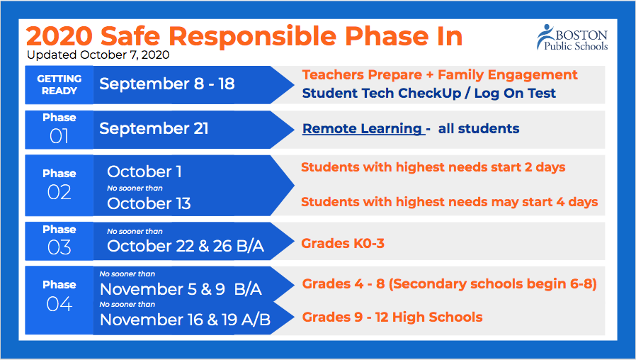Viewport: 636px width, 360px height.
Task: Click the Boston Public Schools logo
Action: pos(572,38)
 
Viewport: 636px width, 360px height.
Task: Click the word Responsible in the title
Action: pos(252,37)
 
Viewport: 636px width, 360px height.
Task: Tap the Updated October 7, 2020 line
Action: pos(98,55)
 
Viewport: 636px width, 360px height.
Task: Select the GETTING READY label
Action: pos(59,84)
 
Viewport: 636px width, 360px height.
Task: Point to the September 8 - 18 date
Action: pos(167,84)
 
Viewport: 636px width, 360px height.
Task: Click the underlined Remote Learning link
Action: pos(363,129)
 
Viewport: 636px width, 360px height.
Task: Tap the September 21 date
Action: pos(154,129)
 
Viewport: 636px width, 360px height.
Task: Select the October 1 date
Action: pos(144,171)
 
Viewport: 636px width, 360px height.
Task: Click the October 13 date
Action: pos(149,203)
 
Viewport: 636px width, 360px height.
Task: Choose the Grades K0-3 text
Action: pos(343,243)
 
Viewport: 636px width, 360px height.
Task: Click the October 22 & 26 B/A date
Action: pos(186,246)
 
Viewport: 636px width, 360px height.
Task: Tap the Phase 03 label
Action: pos(59,240)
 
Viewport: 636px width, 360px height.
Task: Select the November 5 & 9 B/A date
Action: pos(181,289)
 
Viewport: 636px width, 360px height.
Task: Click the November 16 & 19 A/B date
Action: pos(185,320)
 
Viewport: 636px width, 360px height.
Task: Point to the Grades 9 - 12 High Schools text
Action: pos(392,317)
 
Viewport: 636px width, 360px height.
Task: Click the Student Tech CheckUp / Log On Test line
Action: pos(428,94)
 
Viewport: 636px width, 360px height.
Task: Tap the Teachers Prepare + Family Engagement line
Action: pos(440,75)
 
